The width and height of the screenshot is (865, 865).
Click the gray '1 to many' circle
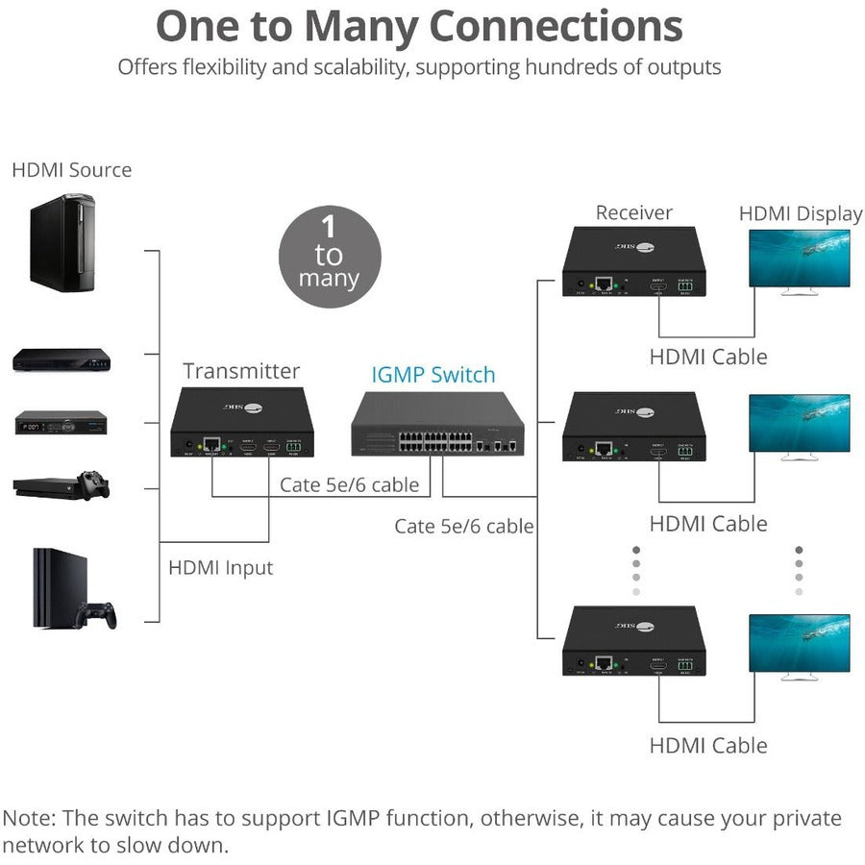330,256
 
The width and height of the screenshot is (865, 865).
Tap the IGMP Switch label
433,375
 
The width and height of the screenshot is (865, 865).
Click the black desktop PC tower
62,242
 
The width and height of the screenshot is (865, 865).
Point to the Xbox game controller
93,483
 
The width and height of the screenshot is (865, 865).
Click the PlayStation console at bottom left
60,587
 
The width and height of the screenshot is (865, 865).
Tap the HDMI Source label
71,170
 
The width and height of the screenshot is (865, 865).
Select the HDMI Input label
220,568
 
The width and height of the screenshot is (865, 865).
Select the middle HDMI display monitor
799,426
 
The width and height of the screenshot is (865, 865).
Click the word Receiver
633,212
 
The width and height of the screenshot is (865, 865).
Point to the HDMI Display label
800,213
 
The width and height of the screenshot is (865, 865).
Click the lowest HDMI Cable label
708,745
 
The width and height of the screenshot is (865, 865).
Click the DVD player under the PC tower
61,360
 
